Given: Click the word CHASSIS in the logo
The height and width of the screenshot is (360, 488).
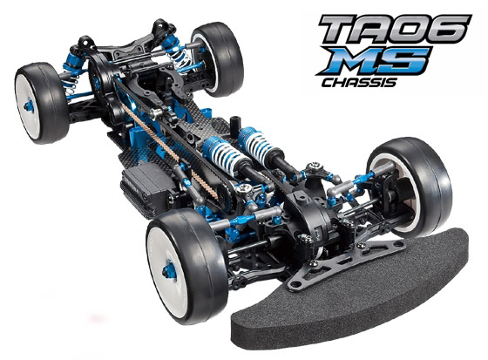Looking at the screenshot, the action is (359, 83).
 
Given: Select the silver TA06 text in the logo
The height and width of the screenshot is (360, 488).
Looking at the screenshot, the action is (395, 29).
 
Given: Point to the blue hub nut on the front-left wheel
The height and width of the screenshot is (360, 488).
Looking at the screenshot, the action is (170, 271).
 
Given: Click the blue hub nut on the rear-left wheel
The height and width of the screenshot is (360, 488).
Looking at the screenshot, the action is (29, 105).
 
